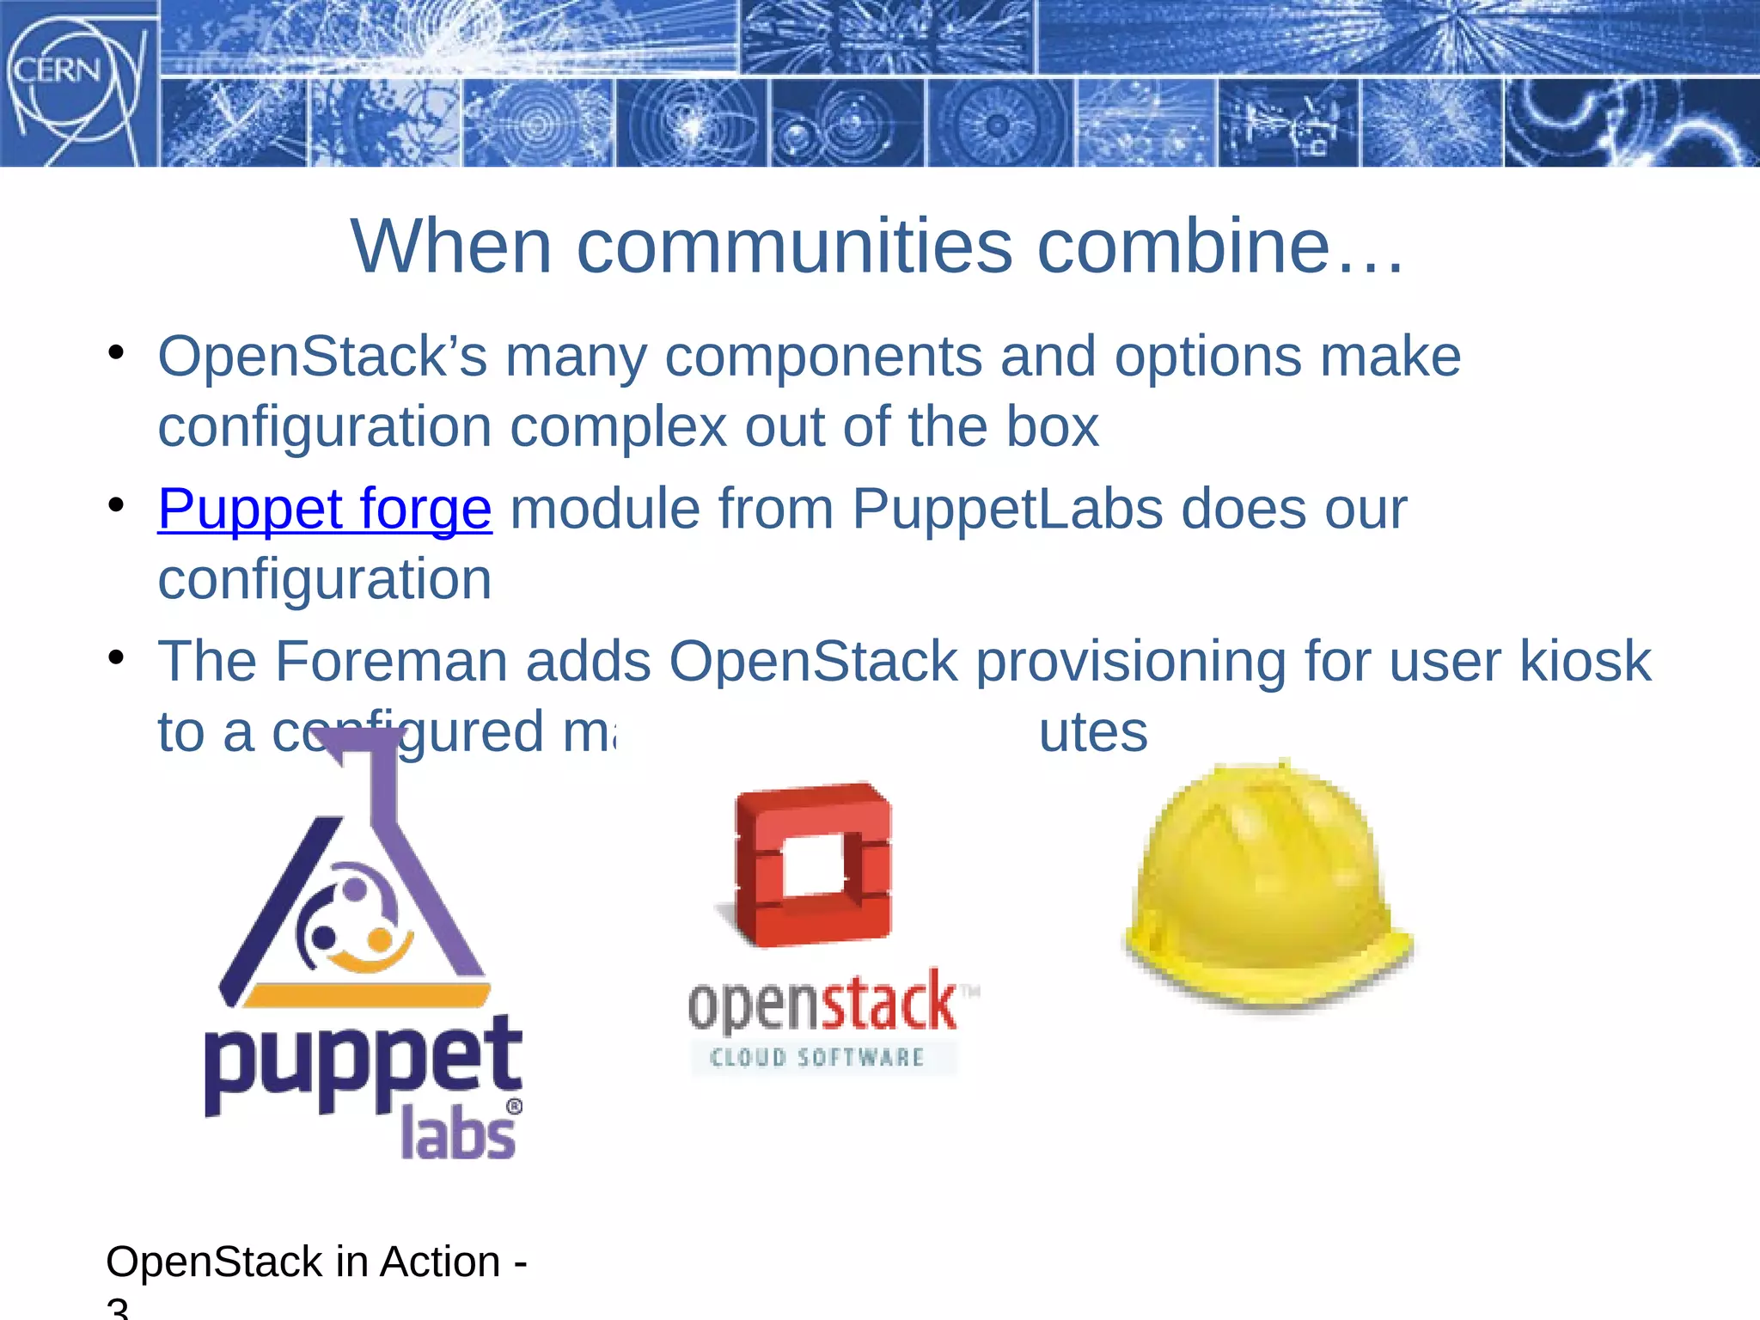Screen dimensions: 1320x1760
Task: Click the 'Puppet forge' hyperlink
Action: (325, 509)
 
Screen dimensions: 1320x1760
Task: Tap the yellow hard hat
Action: (1268, 885)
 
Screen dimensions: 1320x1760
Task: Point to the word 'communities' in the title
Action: (794, 247)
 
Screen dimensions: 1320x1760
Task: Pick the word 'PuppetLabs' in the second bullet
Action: (1006, 509)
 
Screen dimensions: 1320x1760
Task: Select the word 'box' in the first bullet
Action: (1052, 427)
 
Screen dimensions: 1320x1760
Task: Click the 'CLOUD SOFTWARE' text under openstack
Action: (817, 1058)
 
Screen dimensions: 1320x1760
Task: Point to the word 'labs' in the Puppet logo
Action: (458, 1134)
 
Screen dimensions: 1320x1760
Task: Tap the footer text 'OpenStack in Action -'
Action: (316, 1262)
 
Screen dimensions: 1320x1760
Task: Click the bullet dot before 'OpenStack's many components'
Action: (117, 353)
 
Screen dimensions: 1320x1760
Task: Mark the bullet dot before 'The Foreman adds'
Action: (117, 658)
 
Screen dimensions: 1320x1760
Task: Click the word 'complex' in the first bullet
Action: (618, 427)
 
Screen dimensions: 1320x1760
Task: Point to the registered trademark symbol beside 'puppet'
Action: (514, 1106)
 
